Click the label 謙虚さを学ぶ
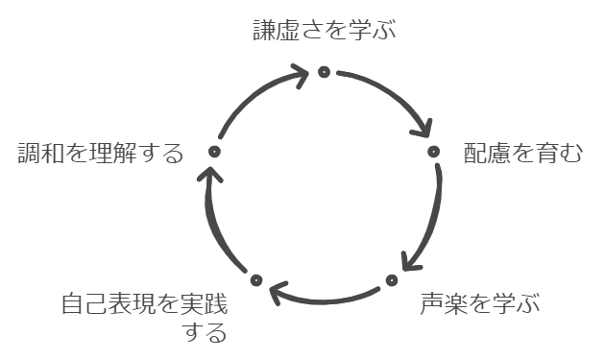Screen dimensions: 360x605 [324, 31]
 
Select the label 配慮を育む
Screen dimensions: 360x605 [522, 154]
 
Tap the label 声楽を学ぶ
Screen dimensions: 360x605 [480, 305]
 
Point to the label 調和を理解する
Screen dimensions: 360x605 [101, 154]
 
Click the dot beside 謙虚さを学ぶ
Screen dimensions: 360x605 [324, 71]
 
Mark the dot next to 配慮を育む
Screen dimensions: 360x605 [433, 151]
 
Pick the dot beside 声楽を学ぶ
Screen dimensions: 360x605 [392, 279]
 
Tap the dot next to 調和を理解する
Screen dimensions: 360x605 [214, 152]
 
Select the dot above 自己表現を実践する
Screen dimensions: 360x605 [255, 279]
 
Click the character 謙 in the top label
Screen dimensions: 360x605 [263, 31]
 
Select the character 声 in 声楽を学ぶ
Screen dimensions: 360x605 [430, 305]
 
